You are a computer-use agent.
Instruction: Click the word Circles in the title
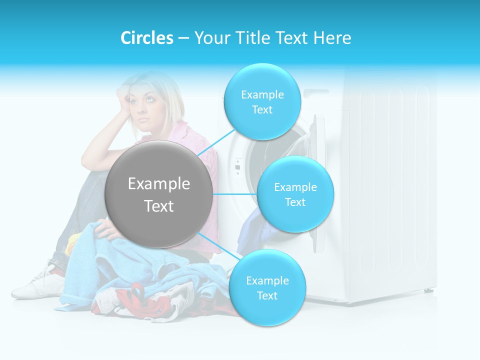pyautogui.click(x=147, y=38)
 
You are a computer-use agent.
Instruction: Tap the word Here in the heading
pyautogui.click(x=332, y=38)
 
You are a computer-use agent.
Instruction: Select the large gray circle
pyautogui.click(x=159, y=194)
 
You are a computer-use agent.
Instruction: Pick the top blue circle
pyautogui.click(x=262, y=102)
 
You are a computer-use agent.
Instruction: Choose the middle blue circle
pyautogui.click(x=295, y=194)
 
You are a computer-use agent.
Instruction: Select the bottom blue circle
pyautogui.click(x=267, y=288)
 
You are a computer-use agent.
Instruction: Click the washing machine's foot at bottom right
pyautogui.click(x=428, y=290)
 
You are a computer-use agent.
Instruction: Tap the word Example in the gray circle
pyautogui.click(x=159, y=184)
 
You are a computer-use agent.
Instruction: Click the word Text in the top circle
pyautogui.click(x=262, y=110)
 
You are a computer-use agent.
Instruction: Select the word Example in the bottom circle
pyautogui.click(x=267, y=280)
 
